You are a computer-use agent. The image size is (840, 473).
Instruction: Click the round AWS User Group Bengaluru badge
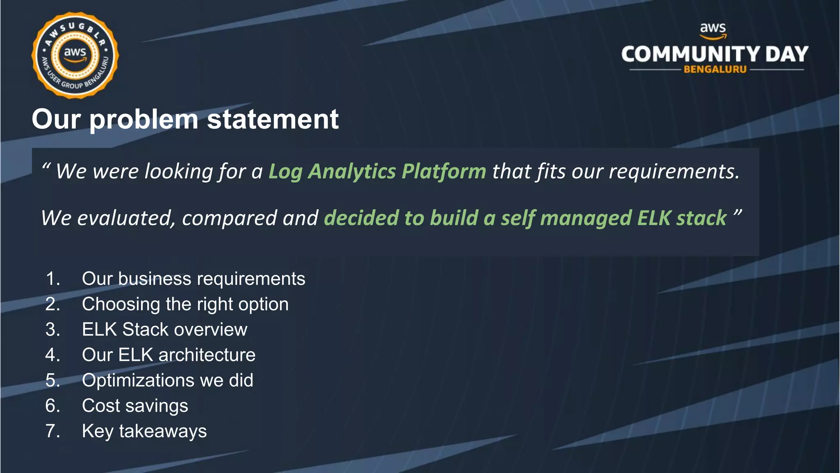pos(75,55)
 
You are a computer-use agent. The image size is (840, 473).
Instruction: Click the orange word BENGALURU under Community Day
pos(715,69)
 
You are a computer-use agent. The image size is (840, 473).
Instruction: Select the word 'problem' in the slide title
pos(144,119)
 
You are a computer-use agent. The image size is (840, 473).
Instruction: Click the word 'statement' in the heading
pos(273,119)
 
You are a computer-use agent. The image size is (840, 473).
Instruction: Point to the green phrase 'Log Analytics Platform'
pos(377,171)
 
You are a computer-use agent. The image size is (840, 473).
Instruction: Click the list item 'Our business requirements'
pos(193,279)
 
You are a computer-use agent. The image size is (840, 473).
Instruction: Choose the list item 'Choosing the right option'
pos(185,304)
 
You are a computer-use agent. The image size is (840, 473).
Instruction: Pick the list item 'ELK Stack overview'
pos(164,330)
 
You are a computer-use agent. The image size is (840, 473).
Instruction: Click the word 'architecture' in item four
pos(207,355)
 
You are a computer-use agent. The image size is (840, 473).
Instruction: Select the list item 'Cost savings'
pos(135,406)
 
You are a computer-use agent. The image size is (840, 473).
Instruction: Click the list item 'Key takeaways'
pos(144,431)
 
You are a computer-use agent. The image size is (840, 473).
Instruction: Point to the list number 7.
pos(52,431)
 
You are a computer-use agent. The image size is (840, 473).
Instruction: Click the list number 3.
pos(52,330)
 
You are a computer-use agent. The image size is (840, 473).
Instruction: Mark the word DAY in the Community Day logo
pos(786,54)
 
